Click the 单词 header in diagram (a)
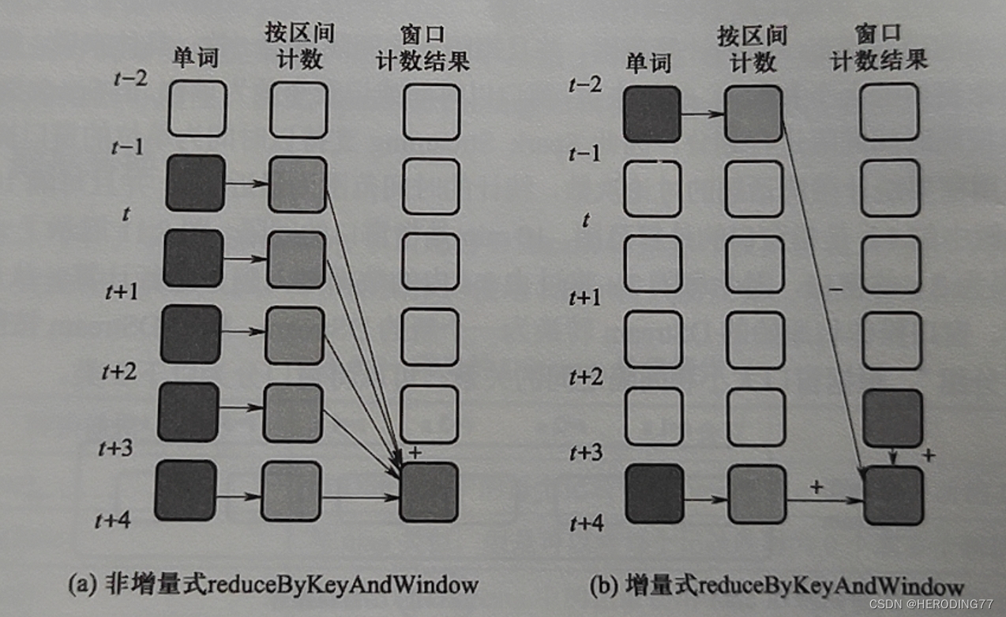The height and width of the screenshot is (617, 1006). pos(196,58)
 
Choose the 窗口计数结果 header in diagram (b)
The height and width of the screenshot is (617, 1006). pos(879,48)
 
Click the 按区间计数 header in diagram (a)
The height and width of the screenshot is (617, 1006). pos(299,47)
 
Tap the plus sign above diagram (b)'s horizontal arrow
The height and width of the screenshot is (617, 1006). pos(816,487)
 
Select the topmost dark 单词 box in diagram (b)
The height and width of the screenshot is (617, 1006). pos(652,115)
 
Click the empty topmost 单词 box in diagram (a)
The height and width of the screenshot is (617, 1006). pos(197,108)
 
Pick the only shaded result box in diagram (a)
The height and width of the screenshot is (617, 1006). pos(429,492)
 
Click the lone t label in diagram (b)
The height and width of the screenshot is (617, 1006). pos(585,220)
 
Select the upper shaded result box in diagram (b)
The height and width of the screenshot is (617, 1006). pos(892,419)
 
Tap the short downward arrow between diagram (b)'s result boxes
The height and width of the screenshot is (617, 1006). pos(892,457)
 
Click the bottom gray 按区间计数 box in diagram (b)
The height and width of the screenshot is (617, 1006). pos(756,495)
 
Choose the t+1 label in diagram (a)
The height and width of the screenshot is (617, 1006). pos(122,292)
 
